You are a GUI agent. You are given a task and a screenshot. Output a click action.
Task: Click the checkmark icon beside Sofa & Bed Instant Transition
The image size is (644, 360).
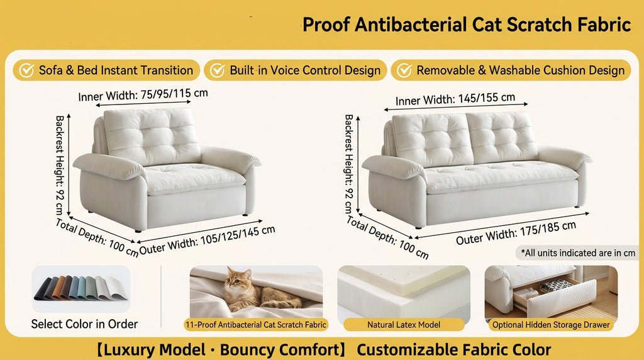26,70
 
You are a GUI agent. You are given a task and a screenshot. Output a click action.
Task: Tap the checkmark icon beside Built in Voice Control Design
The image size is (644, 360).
217,70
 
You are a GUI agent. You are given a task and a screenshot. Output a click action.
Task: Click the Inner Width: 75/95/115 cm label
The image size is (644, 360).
143,95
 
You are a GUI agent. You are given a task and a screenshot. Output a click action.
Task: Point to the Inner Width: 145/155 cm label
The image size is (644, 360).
455,99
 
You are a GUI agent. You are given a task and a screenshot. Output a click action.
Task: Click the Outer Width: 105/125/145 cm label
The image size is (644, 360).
207,240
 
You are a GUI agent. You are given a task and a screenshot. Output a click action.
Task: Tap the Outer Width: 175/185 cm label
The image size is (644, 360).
516,232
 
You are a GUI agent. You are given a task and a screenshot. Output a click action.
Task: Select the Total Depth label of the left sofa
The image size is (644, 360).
97,238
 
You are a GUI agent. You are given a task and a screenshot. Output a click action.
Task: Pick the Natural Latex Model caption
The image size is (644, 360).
404,325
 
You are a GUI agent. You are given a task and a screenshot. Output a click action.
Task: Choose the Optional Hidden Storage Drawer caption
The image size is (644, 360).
551,325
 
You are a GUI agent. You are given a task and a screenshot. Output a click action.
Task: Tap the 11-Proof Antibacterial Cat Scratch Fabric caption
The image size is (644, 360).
256,325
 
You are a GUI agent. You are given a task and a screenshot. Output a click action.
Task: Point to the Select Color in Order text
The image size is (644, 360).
84,325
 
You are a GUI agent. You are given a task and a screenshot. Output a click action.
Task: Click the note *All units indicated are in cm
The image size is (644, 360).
577,253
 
